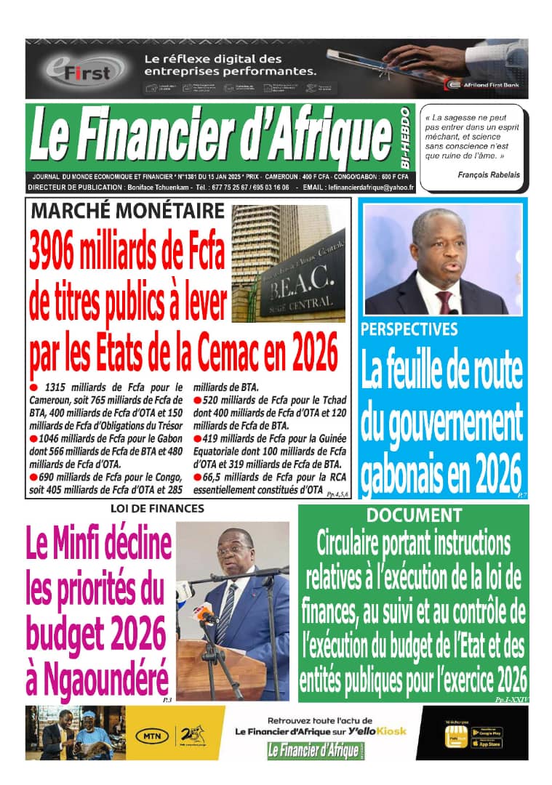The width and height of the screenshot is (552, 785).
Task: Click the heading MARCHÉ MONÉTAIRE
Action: [127, 212]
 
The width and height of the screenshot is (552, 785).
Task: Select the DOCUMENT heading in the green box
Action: [413, 515]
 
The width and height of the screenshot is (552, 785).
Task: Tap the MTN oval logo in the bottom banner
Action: [154, 736]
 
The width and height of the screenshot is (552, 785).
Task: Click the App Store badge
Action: [486, 744]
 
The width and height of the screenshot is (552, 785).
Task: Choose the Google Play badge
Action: [486, 731]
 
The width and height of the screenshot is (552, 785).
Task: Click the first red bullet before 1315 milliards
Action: [33, 387]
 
